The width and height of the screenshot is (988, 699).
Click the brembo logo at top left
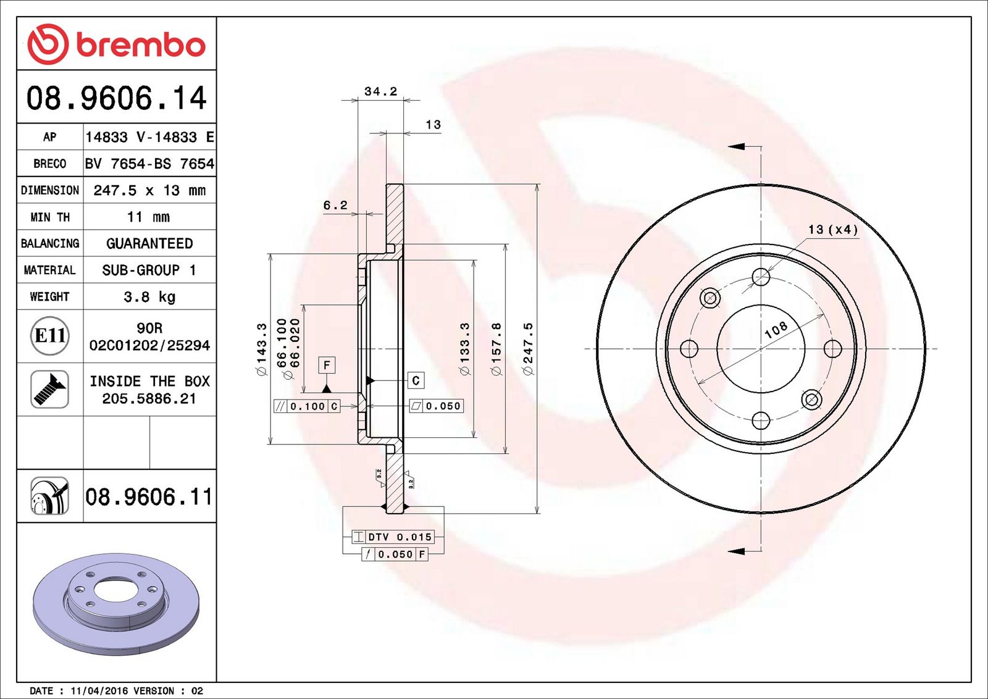[117, 44]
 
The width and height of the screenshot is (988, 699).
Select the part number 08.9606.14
[117, 98]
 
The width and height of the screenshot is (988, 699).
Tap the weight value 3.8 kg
[149, 297]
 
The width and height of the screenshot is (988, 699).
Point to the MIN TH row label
[50, 217]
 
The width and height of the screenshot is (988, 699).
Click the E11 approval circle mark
[50, 336]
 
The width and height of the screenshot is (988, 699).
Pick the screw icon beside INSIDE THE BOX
[50, 390]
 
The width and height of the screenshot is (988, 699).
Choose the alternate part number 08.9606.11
[149, 497]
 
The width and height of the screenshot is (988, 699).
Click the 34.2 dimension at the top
[380, 91]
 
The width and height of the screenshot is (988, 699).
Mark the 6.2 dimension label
[335, 205]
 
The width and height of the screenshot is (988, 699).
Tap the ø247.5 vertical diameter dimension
[528, 349]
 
